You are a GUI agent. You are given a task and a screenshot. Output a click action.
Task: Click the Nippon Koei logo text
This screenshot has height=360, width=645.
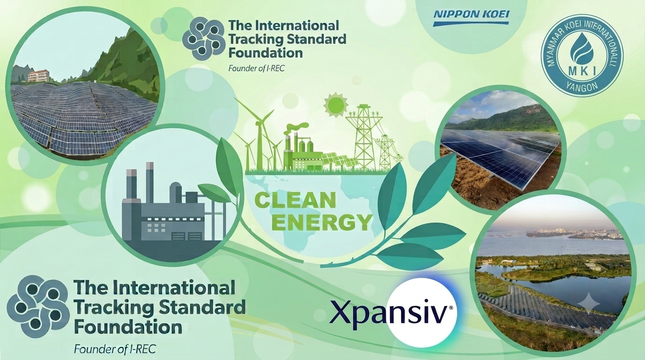tap(472, 14)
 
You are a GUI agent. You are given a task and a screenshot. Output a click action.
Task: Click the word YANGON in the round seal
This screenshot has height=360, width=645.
tap(583, 85)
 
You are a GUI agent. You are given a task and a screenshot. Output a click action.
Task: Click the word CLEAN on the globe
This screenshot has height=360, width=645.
tap(296, 201)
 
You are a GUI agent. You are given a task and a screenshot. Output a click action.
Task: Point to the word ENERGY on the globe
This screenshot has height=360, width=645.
tap(321, 222)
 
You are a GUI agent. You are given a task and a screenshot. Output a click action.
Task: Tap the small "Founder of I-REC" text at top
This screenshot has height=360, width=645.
tap(256, 68)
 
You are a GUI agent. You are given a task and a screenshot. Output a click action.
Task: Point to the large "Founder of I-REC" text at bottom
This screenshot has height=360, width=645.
tap(115, 349)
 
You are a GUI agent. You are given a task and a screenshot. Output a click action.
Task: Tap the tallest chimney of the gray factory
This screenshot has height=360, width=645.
tap(150, 184)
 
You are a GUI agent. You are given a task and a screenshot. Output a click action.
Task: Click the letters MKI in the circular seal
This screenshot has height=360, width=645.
tap(583, 71)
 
